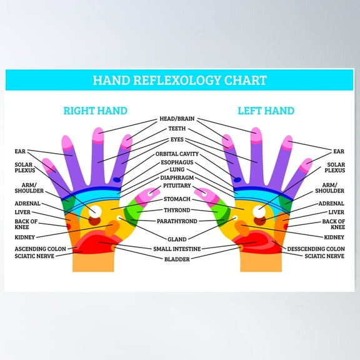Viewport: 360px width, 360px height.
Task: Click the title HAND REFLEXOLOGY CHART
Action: (179, 81)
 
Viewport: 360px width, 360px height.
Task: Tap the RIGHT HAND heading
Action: (95, 111)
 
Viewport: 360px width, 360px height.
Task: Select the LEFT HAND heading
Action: (266, 111)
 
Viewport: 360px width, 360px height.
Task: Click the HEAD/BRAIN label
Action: (177, 118)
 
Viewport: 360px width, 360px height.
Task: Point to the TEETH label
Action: (177, 129)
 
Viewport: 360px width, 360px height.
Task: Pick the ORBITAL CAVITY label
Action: (177, 153)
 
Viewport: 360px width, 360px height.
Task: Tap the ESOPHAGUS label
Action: (177, 161)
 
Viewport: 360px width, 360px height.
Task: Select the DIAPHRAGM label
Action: (177, 177)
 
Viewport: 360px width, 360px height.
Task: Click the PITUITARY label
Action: (177, 186)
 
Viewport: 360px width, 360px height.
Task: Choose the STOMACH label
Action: (177, 199)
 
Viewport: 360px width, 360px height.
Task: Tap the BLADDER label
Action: (177, 259)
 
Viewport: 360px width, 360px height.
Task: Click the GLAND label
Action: (177, 239)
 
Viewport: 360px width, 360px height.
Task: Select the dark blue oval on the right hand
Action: (118, 181)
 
